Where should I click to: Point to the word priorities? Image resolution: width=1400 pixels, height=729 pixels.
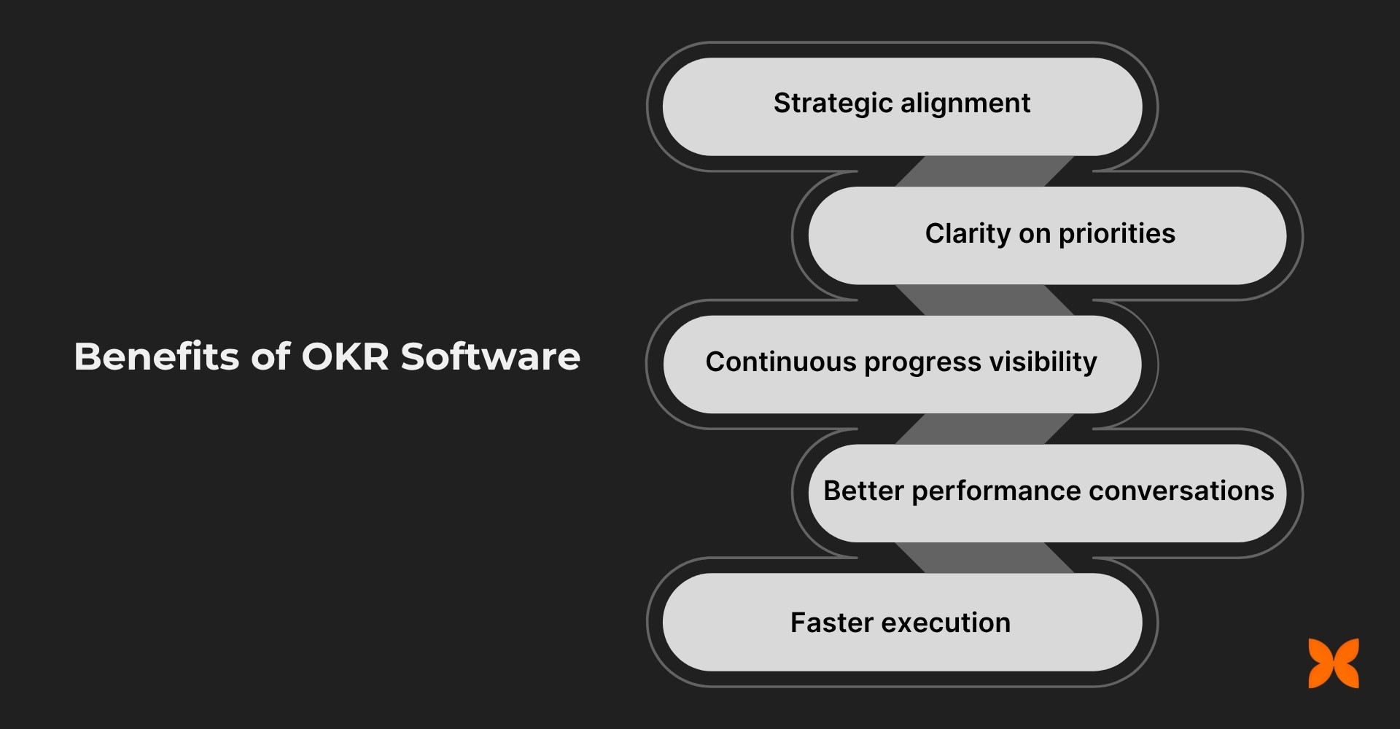(1116, 234)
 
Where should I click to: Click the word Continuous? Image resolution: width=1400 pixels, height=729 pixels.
(780, 362)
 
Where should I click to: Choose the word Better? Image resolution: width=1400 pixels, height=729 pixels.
(863, 491)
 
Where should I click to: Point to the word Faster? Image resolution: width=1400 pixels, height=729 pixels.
(831, 623)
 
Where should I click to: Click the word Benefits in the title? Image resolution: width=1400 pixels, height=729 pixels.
(157, 356)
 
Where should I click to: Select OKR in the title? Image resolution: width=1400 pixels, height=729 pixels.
(344, 356)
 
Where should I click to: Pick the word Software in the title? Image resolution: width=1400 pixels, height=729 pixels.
(490, 356)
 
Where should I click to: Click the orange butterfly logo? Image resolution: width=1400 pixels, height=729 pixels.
(1334, 663)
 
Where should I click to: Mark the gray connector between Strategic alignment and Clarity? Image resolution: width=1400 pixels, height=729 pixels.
(984, 171)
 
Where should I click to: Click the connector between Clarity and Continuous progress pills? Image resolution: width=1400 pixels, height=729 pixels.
(984, 300)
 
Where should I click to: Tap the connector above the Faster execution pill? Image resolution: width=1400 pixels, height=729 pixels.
(984, 558)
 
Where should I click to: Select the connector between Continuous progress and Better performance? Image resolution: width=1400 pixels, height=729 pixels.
(984, 429)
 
